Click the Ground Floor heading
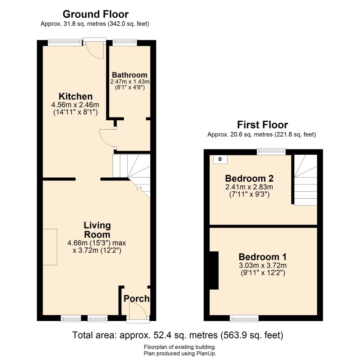coord(95,14)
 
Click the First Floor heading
coord(262,125)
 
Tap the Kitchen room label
coord(76,96)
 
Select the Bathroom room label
coord(130,75)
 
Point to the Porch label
coord(137,299)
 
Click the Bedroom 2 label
coord(249,178)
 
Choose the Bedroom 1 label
coord(262,257)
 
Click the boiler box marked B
coord(220,159)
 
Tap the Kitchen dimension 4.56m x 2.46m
coord(75,105)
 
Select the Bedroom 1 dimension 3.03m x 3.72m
coord(262,266)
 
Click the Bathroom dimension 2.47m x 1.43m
coord(130,82)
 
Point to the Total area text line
coord(178,335)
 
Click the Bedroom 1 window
coord(244,318)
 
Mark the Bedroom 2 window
coord(271,151)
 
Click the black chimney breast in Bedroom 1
coord(214,270)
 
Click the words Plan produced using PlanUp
coord(180,353)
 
